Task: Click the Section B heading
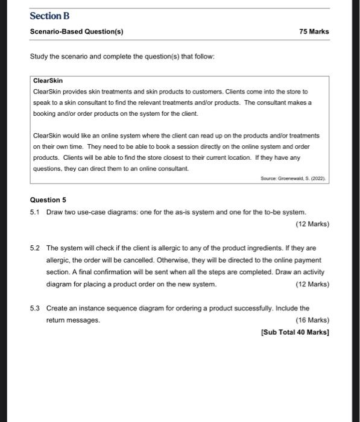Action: click(x=50, y=16)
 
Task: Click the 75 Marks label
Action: click(x=314, y=31)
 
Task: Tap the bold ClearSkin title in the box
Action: click(x=48, y=80)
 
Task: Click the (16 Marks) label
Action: click(x=312, y=320)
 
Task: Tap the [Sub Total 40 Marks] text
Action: click(x=295, y=332)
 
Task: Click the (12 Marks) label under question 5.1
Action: click(x=312, y=224)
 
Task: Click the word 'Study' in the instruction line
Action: click(x=40, y=56)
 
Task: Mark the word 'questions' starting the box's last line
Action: click(x=48, y=169)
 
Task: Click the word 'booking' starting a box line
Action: click(x=46, y=113)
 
